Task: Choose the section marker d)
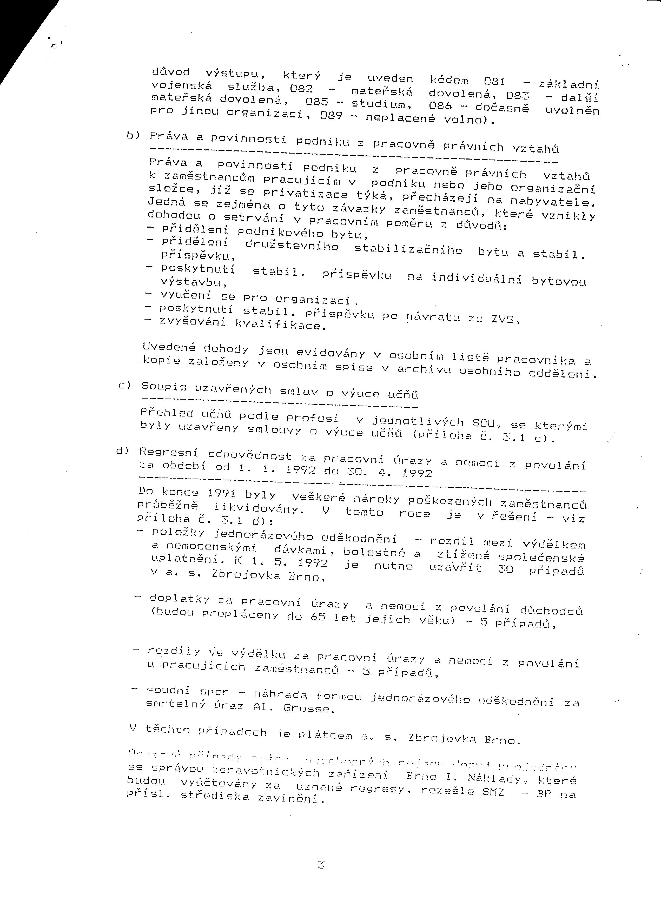click(x=122, y=451)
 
